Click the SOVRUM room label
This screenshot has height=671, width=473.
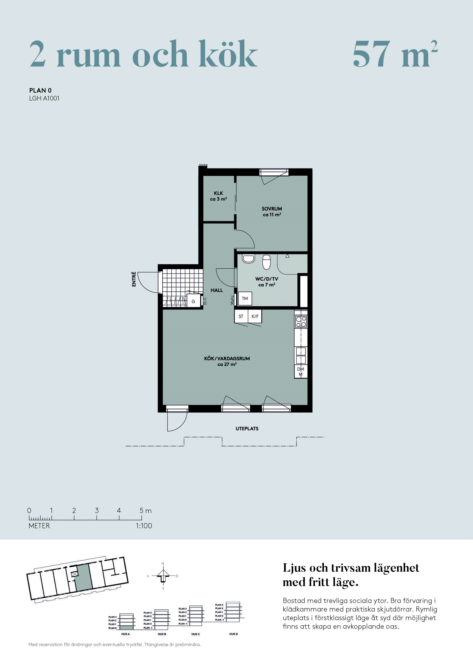point(272,209)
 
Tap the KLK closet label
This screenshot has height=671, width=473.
point(218,193)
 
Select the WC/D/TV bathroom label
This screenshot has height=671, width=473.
point(267,279)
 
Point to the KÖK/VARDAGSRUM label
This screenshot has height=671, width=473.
point(227,358)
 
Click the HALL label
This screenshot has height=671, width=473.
point(217,290)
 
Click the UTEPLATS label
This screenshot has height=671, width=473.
point(247,429)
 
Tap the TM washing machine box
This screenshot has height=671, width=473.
point(245,298)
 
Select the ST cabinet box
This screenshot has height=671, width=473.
point(241,316)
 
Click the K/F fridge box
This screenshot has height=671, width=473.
point(255,316)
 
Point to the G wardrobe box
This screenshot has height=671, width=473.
point(193,301)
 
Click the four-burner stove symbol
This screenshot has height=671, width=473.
point(301,321)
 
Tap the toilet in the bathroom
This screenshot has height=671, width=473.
point(266,262)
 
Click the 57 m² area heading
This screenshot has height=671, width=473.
point(395,54)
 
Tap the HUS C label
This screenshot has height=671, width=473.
point(196,634)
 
